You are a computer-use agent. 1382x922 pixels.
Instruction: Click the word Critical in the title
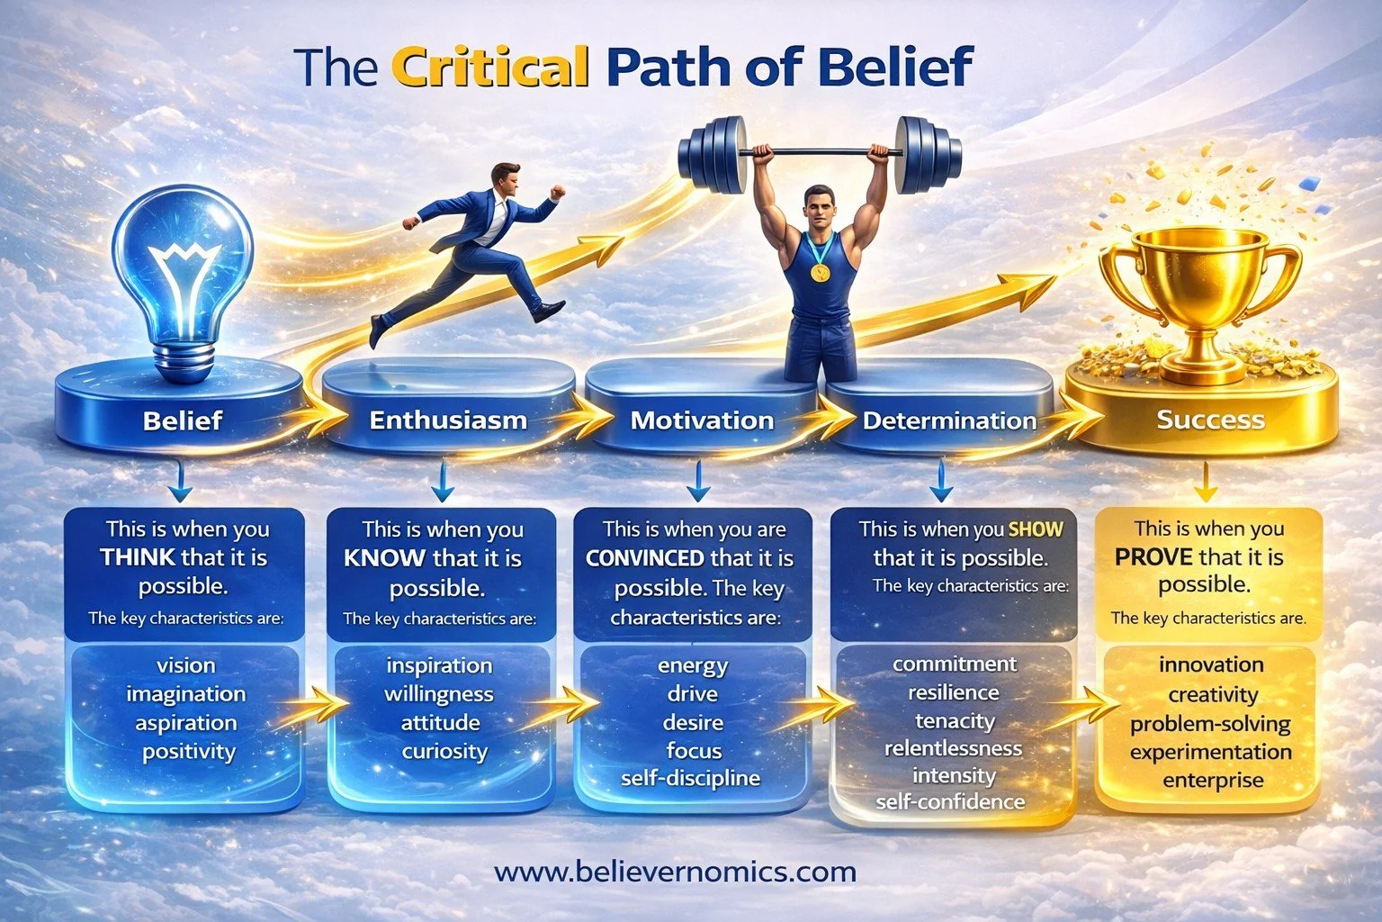coord(491,67)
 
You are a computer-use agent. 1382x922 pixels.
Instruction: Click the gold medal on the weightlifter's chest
coord(820,270)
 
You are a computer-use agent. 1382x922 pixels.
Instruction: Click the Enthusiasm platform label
coord(448,420)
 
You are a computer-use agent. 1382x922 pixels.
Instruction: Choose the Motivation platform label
coord(702,420)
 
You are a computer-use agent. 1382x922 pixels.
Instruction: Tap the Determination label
coord(949,420)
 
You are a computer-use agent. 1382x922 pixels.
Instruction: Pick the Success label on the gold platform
coord(1210,420)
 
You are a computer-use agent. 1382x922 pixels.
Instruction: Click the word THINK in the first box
coord(138,557)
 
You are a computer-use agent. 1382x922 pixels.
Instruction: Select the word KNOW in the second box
coord(384,558)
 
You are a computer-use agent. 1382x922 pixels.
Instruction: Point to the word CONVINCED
coord(644,558)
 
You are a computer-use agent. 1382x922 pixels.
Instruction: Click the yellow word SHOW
coord(1036,529)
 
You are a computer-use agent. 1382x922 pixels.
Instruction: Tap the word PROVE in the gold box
coord(1153,557)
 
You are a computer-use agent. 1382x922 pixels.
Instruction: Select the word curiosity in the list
coord(444,752)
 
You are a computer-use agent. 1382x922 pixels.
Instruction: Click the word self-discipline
coord(690,778)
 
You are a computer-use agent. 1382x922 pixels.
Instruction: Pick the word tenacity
coord(955,721)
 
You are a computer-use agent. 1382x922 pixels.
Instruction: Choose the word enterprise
coord(1213,781)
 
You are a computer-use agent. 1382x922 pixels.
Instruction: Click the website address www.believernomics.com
coord(675,872)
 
